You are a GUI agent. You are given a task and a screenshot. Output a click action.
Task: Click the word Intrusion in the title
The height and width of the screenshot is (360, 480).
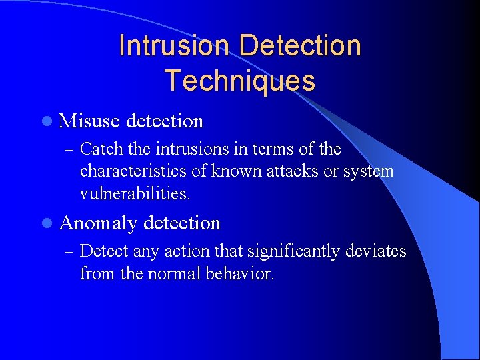(x=175, y=45)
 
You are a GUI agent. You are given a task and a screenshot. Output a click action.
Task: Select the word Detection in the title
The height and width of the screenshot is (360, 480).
(x=299, y=45)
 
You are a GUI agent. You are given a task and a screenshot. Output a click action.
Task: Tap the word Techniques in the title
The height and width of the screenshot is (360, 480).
(x=240, y=81)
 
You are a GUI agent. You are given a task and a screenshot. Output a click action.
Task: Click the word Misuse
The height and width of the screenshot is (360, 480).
(x=89, y=121)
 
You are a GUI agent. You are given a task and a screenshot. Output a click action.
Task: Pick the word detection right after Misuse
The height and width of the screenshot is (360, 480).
(x=164, y=121)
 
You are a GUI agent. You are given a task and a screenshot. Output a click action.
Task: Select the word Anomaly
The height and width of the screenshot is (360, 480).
(x=98, y=223)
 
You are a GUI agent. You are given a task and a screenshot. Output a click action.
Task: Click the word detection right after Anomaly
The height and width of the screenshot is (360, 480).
(x=181, y=223)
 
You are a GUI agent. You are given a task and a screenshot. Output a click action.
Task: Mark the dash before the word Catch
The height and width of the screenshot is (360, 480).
(x=69, y=149)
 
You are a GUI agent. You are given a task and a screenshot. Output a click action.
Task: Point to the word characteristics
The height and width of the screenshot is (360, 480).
(x=133, y=171)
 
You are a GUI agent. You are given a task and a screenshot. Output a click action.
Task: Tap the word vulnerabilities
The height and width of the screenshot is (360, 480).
(x=135, y=194)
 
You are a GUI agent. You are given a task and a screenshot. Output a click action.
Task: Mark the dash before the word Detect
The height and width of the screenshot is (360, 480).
(x=69, y=251)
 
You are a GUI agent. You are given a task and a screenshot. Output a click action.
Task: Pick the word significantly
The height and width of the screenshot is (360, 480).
(x=294, y=251)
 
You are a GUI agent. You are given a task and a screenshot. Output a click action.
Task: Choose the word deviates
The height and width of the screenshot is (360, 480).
(x=377, y=251)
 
